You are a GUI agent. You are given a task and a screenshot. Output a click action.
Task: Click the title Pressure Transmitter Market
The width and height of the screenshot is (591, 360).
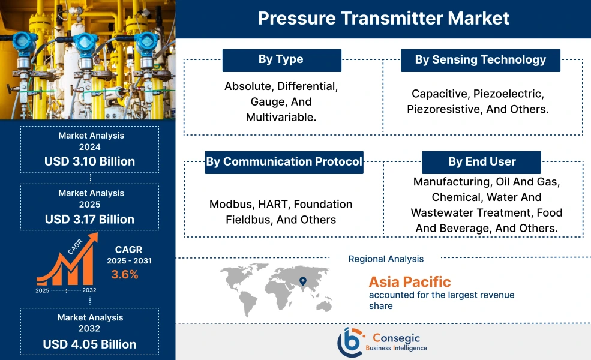click(383, 18)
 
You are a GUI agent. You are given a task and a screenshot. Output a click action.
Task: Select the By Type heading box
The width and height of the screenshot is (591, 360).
click(281, 60)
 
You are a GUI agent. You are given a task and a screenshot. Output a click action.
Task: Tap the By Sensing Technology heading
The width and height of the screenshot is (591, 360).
click(481, 60)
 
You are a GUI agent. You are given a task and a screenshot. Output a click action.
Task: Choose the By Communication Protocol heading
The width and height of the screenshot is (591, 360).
click(284, 162)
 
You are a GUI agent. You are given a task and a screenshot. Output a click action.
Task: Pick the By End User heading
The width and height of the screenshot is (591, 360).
click(481, 162)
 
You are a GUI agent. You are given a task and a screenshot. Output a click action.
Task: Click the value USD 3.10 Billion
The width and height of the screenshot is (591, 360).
click(89, 161)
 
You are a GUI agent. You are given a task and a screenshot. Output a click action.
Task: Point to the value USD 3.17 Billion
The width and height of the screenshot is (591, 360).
click(89, 219)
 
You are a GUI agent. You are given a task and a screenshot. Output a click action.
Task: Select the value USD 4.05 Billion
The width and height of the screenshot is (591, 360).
click(89, 344)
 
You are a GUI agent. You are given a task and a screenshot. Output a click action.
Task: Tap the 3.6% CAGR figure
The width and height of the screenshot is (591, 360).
click(125, 275)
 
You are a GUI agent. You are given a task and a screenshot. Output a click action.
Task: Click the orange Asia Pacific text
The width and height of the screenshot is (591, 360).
click(409, 282)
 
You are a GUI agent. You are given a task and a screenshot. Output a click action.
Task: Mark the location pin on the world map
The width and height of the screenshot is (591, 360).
click(302, 281)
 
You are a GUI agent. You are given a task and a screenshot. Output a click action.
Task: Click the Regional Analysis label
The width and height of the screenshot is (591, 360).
click(386, 259)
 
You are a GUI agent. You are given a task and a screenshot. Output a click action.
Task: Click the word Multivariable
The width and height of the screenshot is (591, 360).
click(281, 118)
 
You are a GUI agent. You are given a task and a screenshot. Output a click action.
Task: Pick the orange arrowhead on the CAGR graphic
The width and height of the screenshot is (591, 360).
click(92, 239)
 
